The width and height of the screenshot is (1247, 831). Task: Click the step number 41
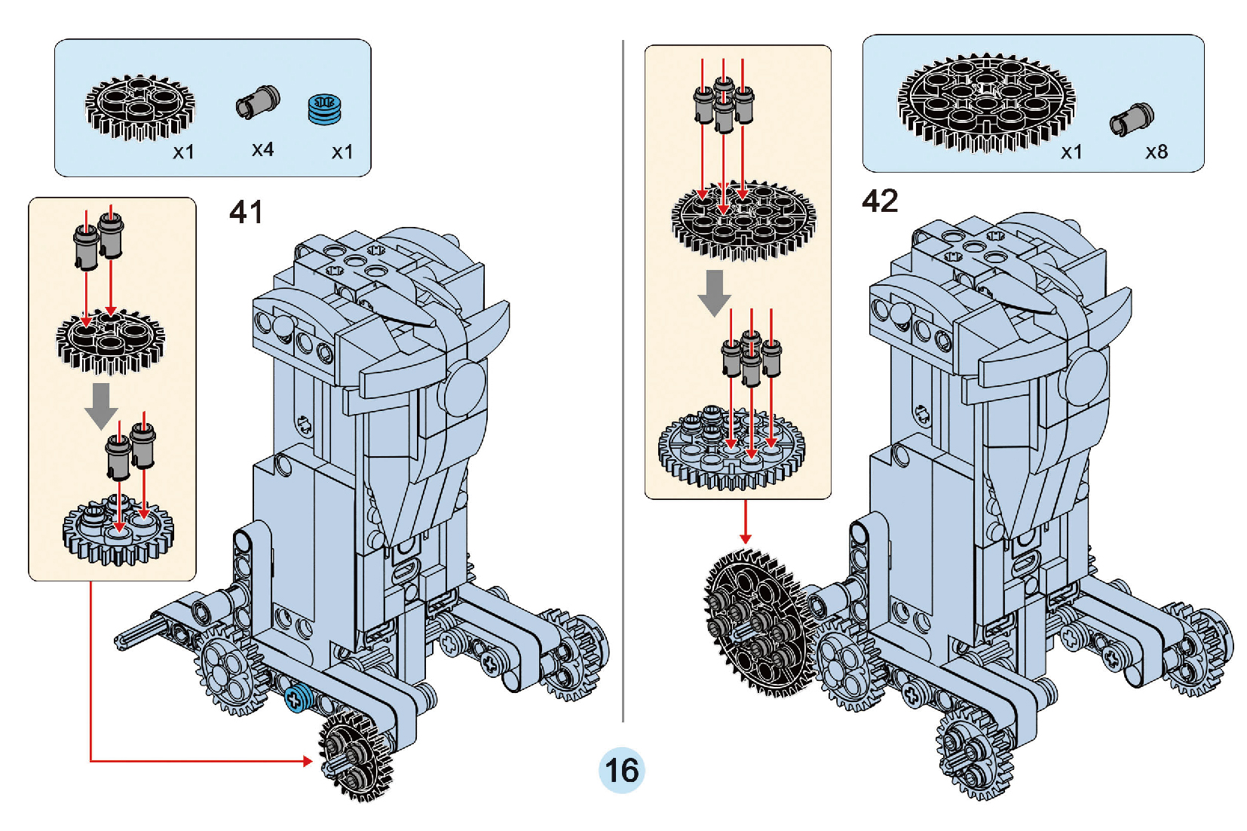click(x=246, y=213)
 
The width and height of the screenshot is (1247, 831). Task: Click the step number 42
click(x=880, y=201)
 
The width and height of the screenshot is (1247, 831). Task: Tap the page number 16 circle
click(x=621, y=770)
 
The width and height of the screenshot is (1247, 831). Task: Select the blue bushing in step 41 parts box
click(x=325, y=109)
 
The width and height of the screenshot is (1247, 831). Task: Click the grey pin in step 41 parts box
click(x=258, y=102)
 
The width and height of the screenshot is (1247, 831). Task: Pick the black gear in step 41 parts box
click(x=139, y=107)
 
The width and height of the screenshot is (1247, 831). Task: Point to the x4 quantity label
click(x=262, y=149)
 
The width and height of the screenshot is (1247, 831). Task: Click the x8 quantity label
click(x=1156, y=152)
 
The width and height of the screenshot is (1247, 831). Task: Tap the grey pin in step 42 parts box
click(x=1132, y=119)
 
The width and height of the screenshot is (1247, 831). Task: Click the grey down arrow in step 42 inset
click(x=714, y=292)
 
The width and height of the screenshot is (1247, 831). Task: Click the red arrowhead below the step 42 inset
click(x=746, y=538)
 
